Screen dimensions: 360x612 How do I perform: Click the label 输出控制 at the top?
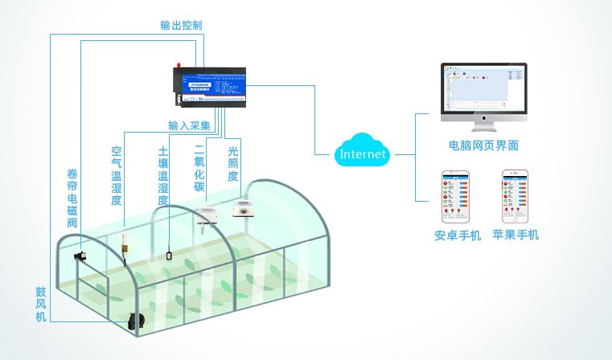[181, 25]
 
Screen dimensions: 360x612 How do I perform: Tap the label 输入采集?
[189, 125]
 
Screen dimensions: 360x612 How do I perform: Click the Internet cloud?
[364, 153]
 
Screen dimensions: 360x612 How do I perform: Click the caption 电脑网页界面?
[483, 145]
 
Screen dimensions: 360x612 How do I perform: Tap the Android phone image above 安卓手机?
[456, 196]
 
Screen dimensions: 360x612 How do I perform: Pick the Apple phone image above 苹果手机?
[515, 196]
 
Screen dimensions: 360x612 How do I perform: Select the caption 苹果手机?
[515, 235]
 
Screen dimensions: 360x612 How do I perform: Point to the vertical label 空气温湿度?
[117, 176]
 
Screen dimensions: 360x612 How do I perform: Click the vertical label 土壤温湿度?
[163, 176]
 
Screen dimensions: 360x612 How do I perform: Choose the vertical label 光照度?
[233, 163]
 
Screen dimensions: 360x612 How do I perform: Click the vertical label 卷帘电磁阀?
[72, 198]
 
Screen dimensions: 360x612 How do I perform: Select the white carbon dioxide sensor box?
[205, 217]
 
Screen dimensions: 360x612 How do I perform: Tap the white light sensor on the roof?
[243, 208]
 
